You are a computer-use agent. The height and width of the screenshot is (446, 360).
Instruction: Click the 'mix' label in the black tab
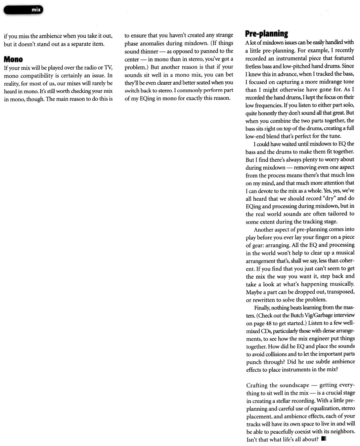[x=36, y=10]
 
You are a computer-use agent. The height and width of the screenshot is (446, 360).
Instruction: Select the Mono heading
[x=13, y=59]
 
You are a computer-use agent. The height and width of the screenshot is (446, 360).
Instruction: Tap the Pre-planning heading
[x=266, y=34]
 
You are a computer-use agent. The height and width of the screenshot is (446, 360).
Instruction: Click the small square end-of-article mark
[x=323, y=438]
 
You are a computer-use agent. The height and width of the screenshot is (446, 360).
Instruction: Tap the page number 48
[x=269, y=323]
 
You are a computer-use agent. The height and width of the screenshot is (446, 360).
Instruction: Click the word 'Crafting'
[x=257, y=385]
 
